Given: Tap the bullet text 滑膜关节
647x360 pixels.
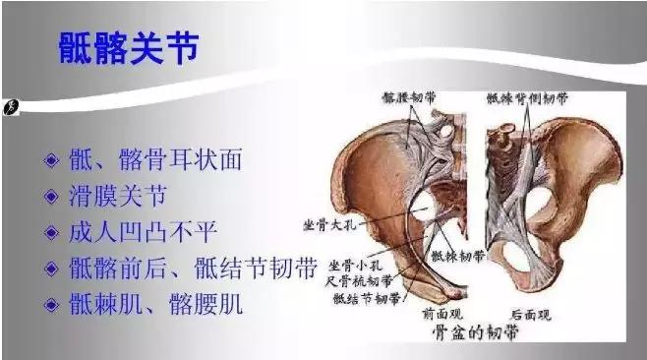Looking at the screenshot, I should coord(134,196).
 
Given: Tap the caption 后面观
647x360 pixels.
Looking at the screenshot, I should coord(530,315).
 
